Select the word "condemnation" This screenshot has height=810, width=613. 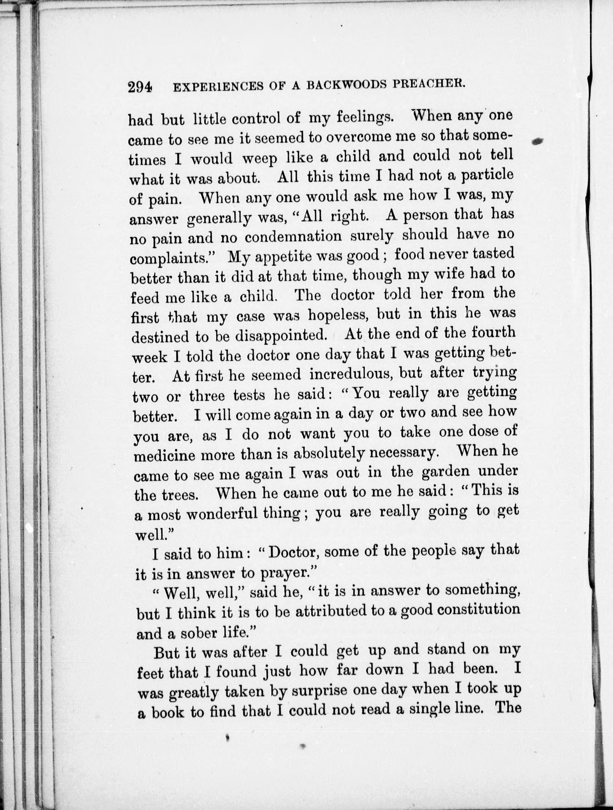pos(293,237)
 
